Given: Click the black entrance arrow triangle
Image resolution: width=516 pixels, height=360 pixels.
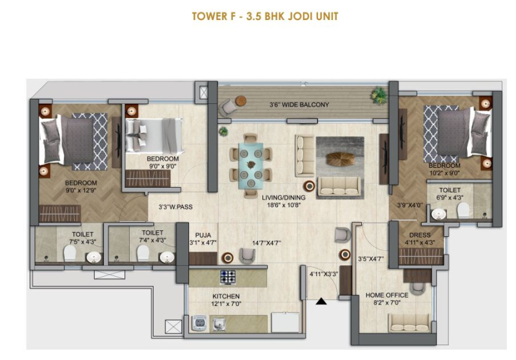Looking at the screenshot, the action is coord(321,301).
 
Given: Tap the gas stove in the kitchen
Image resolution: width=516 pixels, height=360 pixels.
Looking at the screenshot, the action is coord(228,277).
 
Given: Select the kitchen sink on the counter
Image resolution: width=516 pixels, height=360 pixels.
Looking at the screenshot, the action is coord(218,323).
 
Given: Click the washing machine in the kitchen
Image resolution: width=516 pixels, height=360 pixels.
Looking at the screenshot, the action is coord(199,323).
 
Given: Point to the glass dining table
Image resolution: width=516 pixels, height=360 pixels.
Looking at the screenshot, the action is coord(251,165).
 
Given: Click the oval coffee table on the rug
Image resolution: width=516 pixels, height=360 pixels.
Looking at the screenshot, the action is coord(341,159).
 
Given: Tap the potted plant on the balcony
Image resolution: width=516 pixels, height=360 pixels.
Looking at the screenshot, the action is coord(379,95).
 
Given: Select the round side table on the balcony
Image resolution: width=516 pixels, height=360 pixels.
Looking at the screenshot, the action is coord(241,101).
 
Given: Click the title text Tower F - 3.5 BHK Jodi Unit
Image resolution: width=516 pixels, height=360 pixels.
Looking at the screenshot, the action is coord(265,16).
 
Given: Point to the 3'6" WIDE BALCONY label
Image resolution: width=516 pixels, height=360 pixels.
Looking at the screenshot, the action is coord(299,105).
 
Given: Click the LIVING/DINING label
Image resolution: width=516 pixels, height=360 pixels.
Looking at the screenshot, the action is coord(284,198).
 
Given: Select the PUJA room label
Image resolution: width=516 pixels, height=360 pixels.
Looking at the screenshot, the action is coord(203,235).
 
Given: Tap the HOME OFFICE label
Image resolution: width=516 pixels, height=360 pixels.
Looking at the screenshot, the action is coord(387,295).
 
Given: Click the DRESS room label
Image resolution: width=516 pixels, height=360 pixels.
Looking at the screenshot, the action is coord(420,235).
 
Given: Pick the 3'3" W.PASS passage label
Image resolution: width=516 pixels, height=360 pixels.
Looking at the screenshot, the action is coord(175,207).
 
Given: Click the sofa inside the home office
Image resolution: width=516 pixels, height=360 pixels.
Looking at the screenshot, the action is coord(410,323).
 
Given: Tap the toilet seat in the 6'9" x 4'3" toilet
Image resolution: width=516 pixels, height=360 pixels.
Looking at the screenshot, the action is coord(463,210).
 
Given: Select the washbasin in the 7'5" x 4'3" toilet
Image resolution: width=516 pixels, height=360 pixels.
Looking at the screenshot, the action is coord(94,257).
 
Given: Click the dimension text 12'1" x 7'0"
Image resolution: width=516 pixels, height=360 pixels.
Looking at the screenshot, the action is coord(226,304).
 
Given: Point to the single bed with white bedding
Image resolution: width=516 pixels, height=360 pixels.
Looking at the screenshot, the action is coord(154,135).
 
